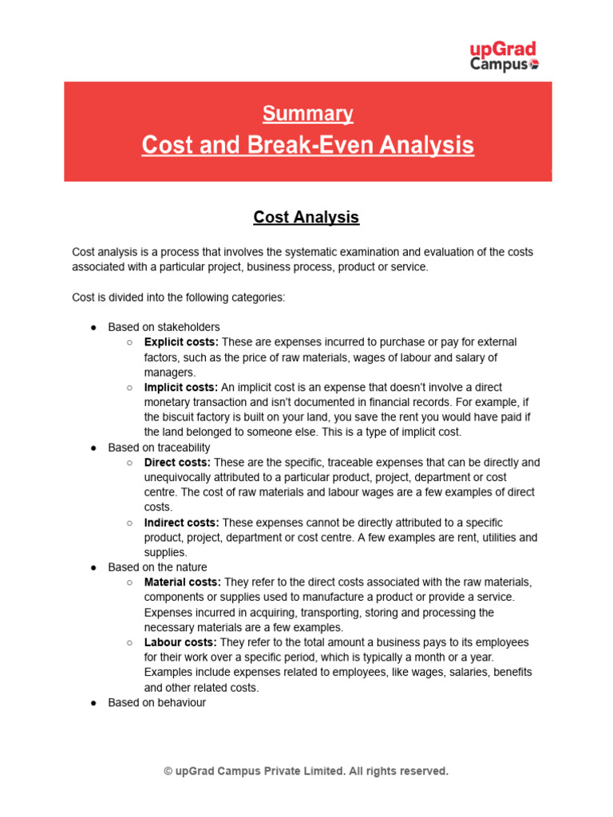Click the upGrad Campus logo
point(503,57)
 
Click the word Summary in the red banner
point(307,114)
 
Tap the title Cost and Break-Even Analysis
point(307,145)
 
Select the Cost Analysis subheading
point(306,217)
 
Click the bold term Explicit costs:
point(180,342)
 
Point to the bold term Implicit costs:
point(181,387)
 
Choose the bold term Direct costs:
point(177,462)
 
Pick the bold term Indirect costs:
point(181,523)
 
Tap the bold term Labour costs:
point(180,642)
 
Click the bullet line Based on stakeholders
point(164,327)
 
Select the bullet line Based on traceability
point(159,448)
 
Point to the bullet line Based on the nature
point(157,567)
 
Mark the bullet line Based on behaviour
point(156,703)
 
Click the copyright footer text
point(306,771)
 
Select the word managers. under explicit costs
point(169,373)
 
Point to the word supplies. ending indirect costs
point(165,552)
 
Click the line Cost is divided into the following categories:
point(178,297)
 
